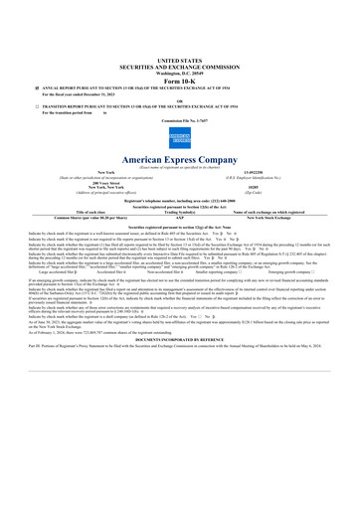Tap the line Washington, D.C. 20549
(x=180, y=71)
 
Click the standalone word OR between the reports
(x=180, y=100)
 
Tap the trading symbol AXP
(x=178, y=215)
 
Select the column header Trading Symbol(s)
(x=178, y=210)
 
